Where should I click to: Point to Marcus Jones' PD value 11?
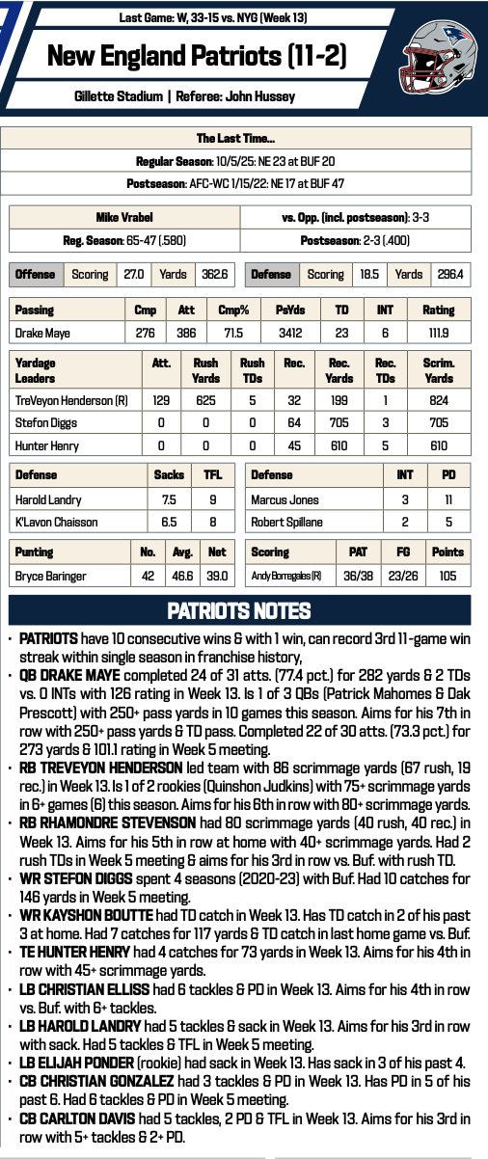(x=448, y=499)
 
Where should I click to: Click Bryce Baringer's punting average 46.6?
(x=183, y=576)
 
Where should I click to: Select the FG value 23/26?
(x=404, y=576)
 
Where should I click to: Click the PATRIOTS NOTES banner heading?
(x=238, y=610)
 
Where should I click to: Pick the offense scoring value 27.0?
(x=134, y=275)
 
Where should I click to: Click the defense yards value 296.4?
(x=448, y=275)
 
